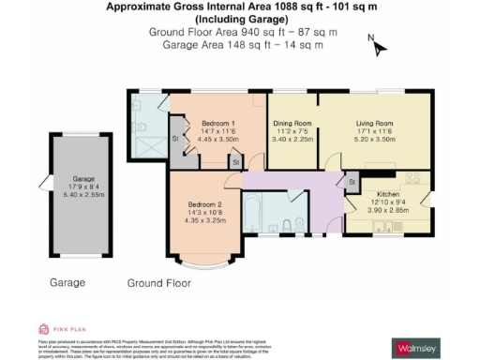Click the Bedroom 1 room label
point(218,124)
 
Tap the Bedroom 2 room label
point(203,204)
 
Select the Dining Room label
point(292,124)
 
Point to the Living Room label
point(373,124)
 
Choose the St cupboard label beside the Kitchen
point(352,181)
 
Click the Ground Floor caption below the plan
point(158,281)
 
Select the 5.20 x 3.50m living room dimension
point(373,139)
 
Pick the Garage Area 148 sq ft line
point(242,44)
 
